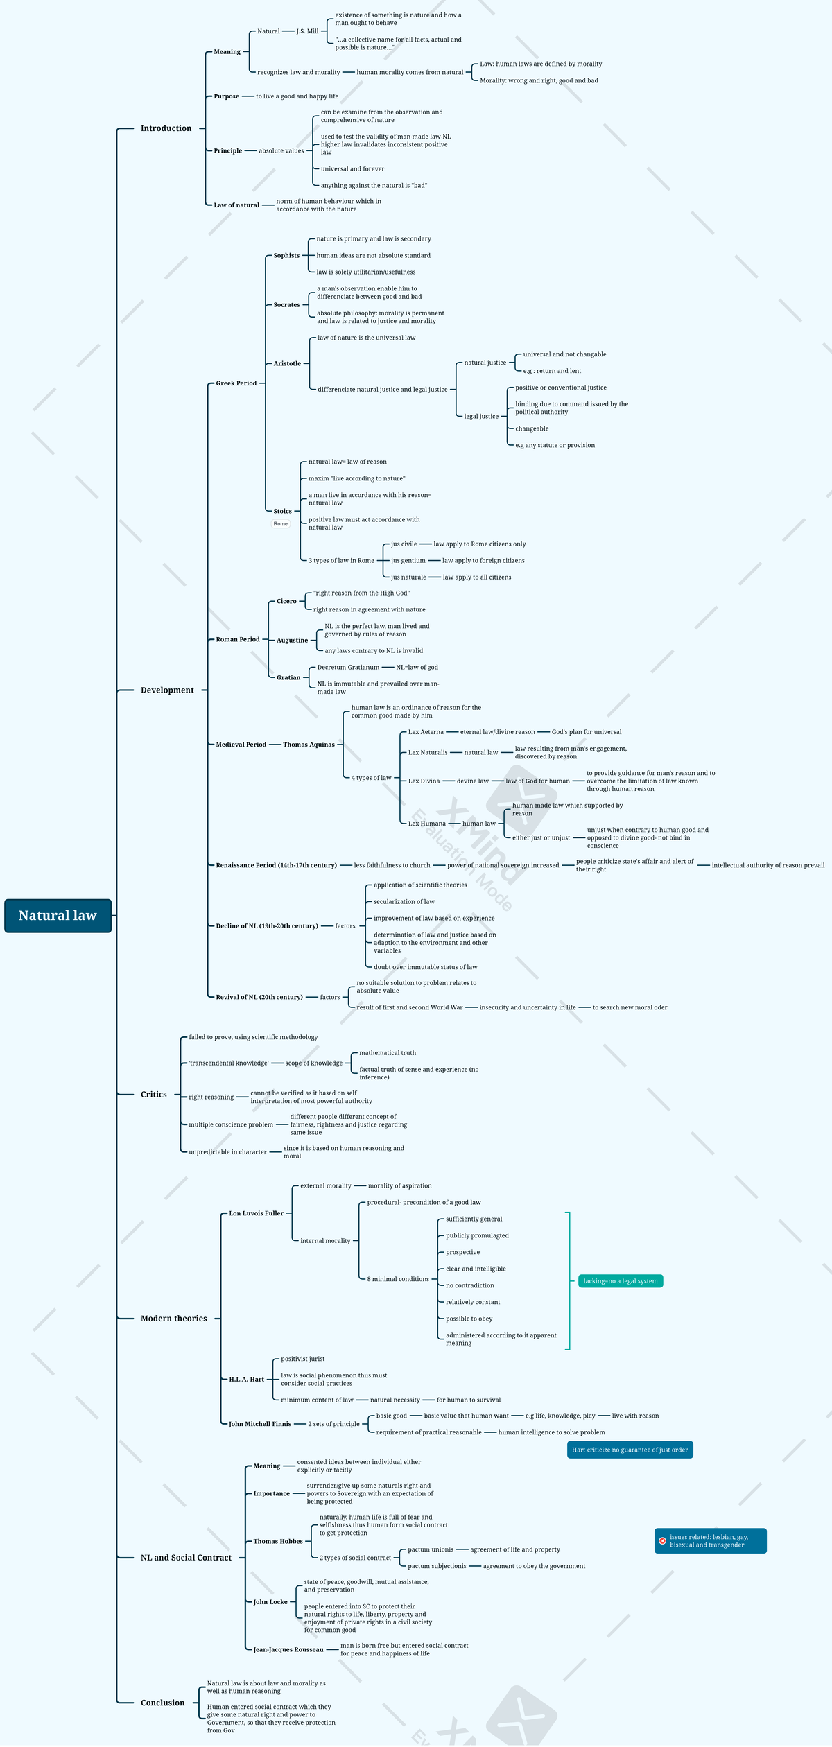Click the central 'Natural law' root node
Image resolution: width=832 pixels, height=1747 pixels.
coord(58,916)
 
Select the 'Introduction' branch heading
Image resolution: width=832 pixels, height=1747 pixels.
coord(166,128)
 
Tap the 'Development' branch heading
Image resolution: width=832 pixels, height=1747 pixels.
coord(167,690)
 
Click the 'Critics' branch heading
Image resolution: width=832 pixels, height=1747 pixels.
coord(153,1094)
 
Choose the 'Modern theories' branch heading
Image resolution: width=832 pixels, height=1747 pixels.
coord(173,1318)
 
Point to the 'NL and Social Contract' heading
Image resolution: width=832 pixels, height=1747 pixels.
coord(186,1557)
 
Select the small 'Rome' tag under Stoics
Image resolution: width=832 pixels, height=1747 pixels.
coord(280,524)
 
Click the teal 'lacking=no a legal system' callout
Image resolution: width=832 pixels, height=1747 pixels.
coord(620,1280)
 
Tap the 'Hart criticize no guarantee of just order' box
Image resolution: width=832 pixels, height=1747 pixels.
coord(630,1449)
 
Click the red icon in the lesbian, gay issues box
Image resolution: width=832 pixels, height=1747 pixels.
coord(662,1540)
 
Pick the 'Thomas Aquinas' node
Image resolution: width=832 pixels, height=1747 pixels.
coord(309,745)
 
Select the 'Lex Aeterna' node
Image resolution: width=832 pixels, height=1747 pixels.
coord(426,732)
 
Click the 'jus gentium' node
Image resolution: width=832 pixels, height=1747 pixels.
coord(408,561)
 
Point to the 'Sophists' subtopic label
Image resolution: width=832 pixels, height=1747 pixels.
coord(286,256)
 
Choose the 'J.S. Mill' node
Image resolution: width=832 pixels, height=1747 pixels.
coord(307,31)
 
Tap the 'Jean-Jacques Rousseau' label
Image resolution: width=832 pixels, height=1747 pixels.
coord(288,1649)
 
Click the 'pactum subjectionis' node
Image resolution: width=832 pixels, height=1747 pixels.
coord(437,1565)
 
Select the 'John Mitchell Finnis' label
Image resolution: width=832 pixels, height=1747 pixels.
coord(260,1423)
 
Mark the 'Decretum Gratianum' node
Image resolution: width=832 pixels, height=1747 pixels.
coord(348,668)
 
